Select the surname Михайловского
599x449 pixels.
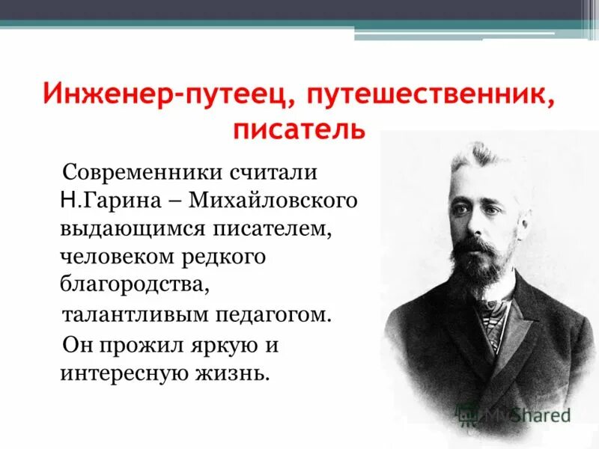pos(273,200)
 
